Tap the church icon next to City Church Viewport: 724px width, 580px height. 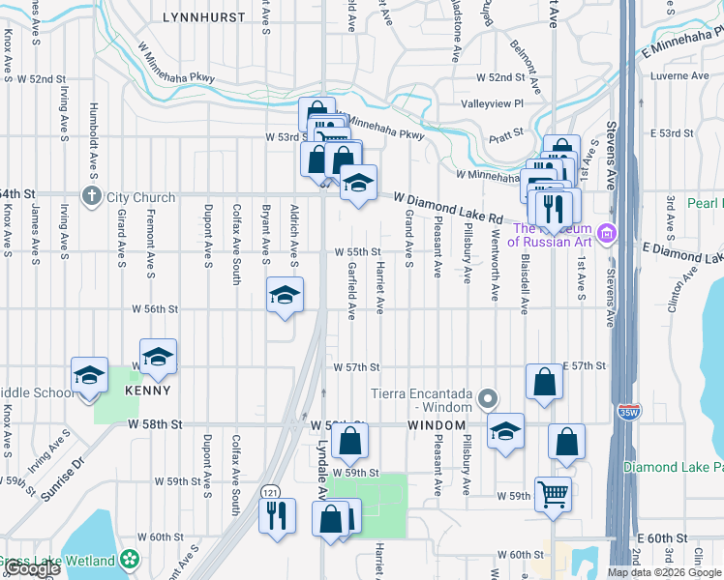coord(92,197)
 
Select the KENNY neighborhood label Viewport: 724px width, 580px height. coord(147,391)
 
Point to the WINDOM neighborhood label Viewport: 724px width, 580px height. coord(437,425)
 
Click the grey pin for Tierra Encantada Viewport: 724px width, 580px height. coord(488,398)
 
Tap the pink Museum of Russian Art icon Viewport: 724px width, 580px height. coord(606,233)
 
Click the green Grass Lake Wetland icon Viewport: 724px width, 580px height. coord(130,560)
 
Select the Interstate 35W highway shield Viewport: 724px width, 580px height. coord(629,411)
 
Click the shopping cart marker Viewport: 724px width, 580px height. coord(553,494)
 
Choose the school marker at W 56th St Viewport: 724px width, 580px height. coord(285,296)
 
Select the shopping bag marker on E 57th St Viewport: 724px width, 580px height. coord(545,381)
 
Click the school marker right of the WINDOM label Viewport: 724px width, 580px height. coord(504,431)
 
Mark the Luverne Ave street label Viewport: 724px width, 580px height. coord(680,75)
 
